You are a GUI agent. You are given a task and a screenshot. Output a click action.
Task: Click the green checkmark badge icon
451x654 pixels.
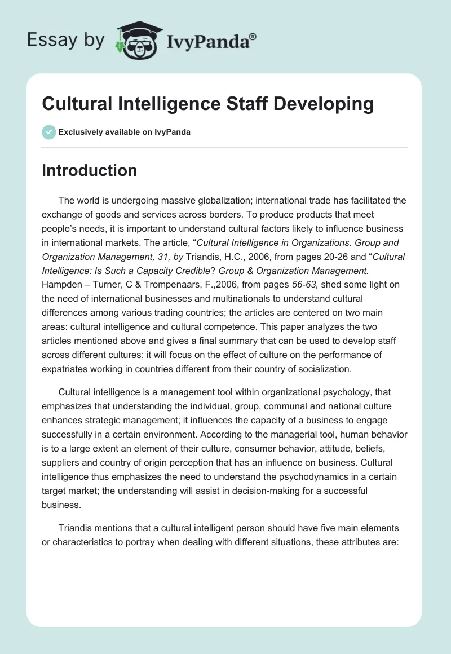pyautogui.click(x=48, y=132)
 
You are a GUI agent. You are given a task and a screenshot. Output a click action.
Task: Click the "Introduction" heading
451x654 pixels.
pyautogui.click(x=89, y=170)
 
